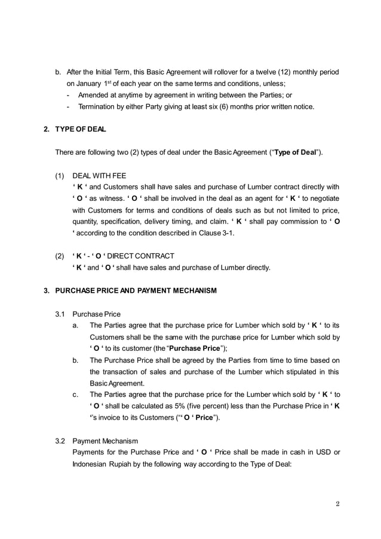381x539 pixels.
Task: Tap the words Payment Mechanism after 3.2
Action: (x=105, y=440)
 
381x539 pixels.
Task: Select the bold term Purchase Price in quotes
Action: (x=193, y=348)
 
